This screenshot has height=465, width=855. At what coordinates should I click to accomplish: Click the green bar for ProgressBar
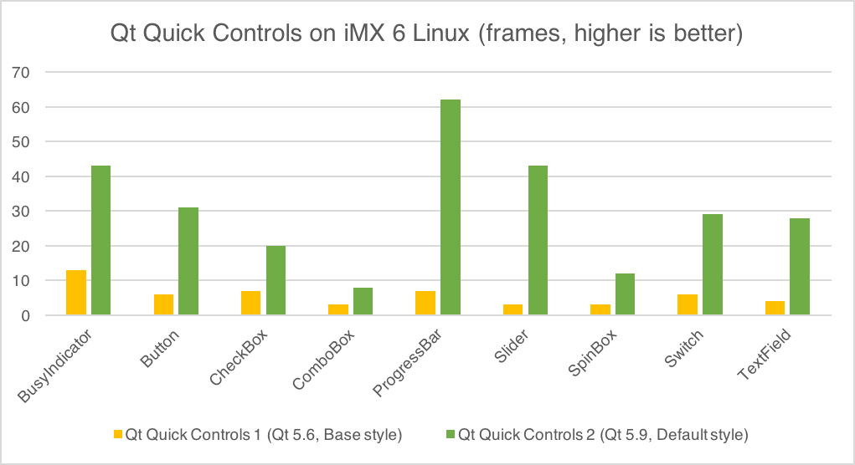click(x=451, y=207)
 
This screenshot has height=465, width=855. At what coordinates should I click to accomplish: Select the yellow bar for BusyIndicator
click(x=76, y=293)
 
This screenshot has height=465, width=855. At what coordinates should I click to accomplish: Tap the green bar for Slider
click(x=538, y=240)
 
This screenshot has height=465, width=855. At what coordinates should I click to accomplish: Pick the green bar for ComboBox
click(x=363, y=301)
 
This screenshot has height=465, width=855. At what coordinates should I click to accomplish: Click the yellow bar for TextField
click(x=775, y=308)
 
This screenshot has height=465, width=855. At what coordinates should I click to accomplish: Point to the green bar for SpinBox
click(x=626, y=294)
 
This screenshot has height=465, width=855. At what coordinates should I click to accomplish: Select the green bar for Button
click(x=188, y=261)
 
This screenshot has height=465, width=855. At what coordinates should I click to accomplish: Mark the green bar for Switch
click(x=713, y=264)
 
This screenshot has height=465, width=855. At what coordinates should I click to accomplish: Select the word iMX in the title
click(x=343, y=35)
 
